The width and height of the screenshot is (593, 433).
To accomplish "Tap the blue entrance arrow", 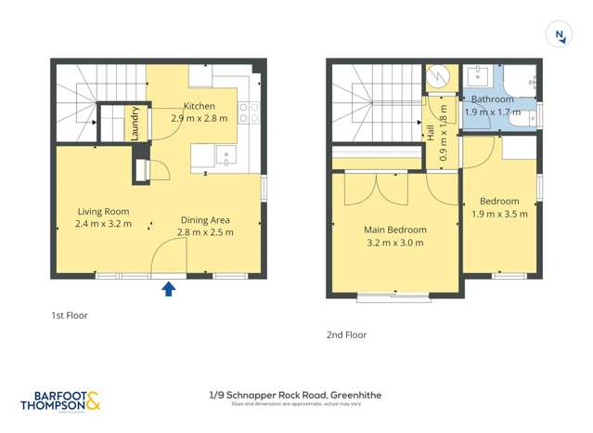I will pos(169,289).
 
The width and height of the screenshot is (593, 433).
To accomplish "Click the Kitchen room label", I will pos(199,106).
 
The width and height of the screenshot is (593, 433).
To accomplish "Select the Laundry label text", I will pos(135,124).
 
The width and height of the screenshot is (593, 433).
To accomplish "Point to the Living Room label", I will pos(103,211).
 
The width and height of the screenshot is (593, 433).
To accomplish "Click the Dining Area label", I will pos(205,220).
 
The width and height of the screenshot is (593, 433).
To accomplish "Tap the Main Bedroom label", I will pos(394,230).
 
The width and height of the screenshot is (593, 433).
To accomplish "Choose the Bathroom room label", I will pos(492,99).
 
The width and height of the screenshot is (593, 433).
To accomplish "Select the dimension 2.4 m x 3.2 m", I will pos(103,224).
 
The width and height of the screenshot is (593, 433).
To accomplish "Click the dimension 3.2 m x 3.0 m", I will pos(394,243).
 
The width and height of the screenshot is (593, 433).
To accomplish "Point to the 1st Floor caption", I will pos(70,316).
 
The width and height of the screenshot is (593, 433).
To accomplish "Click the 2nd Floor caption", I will pos(346,335).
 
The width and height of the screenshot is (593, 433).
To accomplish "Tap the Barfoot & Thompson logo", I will pos(59,400).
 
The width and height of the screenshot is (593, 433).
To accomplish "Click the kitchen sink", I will pos(225,155).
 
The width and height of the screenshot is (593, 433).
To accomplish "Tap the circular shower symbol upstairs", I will pos(438,79).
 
